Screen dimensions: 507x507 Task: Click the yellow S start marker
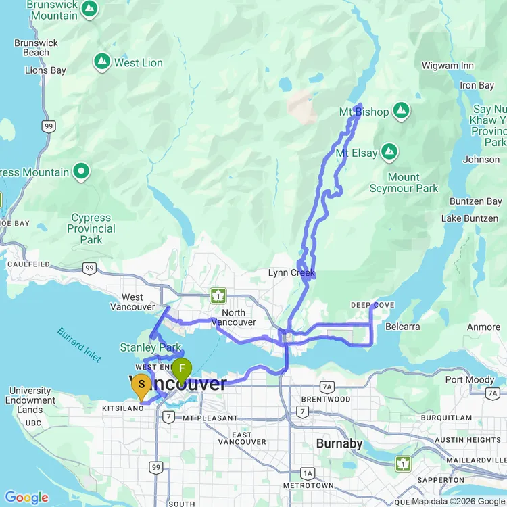click(141, 385)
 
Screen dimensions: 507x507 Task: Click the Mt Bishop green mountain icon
click(402, 110)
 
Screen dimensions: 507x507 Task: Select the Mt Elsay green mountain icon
click(389, 153)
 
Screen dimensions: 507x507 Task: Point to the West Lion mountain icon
click(102, 62)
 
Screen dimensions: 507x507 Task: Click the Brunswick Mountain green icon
click(89, 9)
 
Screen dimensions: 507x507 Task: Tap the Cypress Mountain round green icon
click(82, 172)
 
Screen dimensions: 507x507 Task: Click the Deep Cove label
click(372, 306)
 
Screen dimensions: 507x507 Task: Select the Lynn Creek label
click(291, 273)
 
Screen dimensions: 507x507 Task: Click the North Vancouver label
click(233, 317)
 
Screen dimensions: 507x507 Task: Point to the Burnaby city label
click(340, 444)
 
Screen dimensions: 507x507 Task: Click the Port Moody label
click(470, 379)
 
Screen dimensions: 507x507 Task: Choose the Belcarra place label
click(403, 327)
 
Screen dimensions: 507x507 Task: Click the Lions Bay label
click(45, 70)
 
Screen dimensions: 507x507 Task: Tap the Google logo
click(26, 498)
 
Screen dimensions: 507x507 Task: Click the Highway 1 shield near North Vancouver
click(218, 295)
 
